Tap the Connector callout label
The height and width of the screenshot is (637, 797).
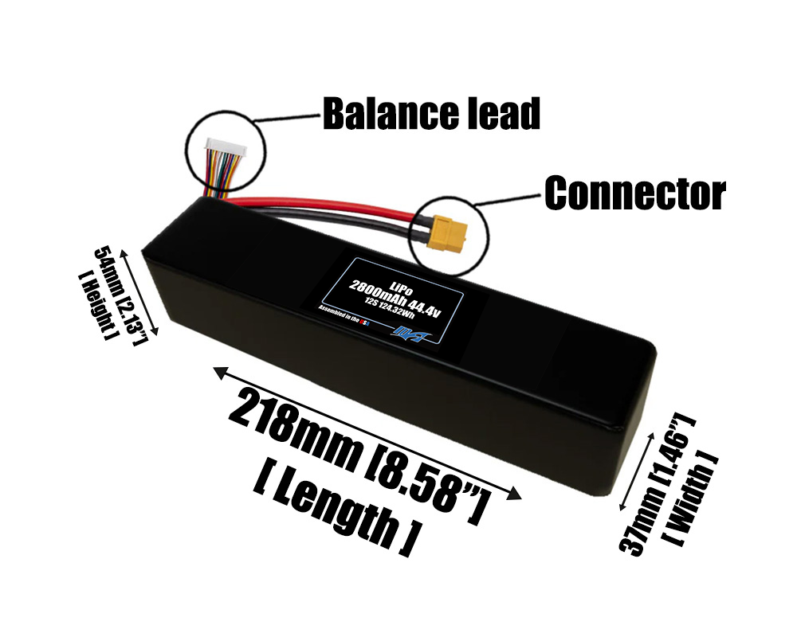pos(634,193)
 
